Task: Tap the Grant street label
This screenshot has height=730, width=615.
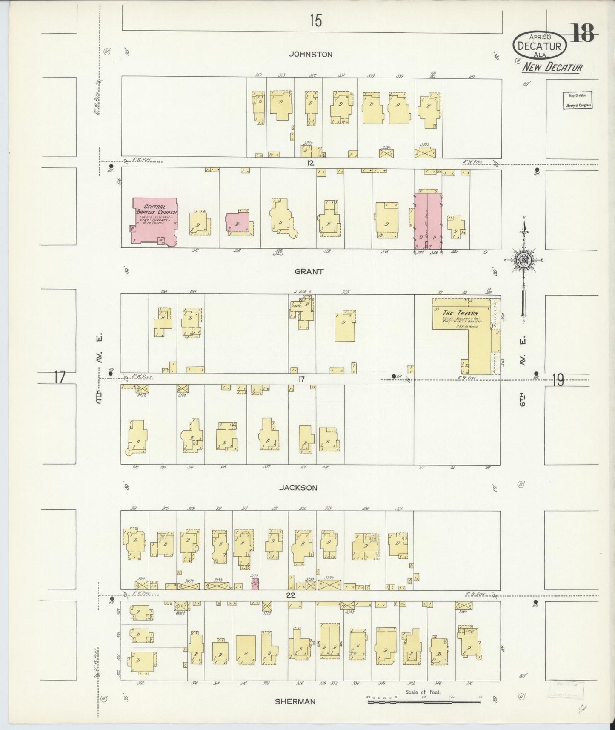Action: coord(309,271)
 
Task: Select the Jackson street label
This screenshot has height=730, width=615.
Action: coord(298,488)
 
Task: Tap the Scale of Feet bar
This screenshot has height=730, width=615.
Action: coord(423,699)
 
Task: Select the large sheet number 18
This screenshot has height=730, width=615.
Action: coord(582,34)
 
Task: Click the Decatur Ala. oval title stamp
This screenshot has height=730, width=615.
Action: coord(539,44)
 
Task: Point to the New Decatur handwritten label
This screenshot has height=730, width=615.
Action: coord(552,67)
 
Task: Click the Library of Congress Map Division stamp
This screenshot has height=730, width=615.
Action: coord(578,101)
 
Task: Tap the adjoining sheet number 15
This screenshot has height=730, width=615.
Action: coord(315,20)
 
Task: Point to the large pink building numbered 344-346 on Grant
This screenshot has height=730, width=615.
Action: coord(428,221)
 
